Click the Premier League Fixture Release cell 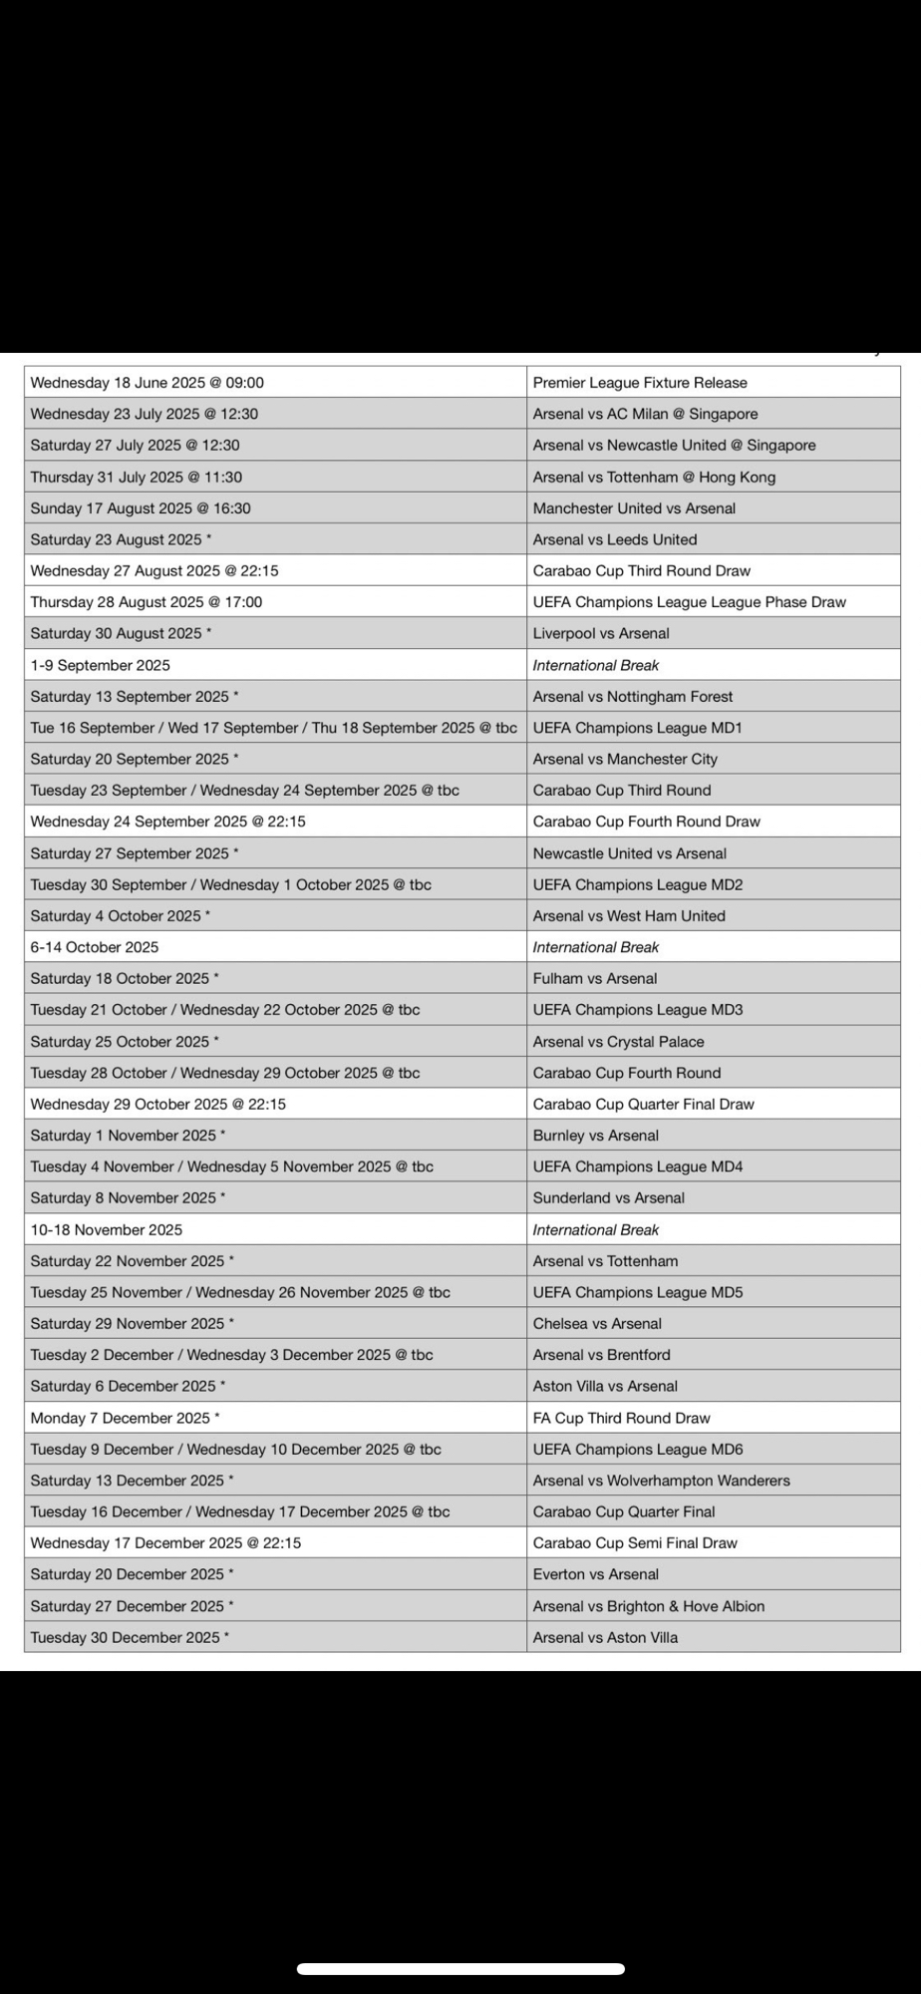[640, 383]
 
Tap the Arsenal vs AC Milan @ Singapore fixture [645, 414]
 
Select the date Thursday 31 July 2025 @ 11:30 [137, 477]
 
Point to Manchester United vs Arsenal [634, 508]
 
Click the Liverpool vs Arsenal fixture [601, 633]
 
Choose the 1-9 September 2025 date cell [101, 665]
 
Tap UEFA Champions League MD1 [637, 728]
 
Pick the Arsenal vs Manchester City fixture [625, 759]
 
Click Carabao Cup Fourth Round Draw [646, 822]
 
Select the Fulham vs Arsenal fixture [595, 978]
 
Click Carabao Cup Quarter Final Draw [643, 1104]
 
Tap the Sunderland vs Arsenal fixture [608, 1197]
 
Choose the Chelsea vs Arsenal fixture [597, 1323]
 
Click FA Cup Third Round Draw [621, 1418]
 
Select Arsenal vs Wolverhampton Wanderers [661, 1481]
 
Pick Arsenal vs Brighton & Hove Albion [649, 1606]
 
